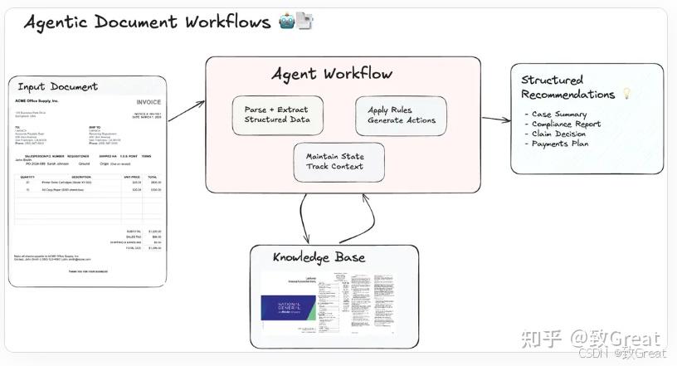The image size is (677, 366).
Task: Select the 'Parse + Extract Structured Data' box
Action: pyautogui.click(x=277, y=115)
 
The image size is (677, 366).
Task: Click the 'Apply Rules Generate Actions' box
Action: pyautogui.click(x=401, y=115)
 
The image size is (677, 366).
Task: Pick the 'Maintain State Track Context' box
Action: pyautogui.click(x=339, y=162)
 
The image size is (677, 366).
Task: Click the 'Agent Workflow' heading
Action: pyautogui.click(x=332, y=74)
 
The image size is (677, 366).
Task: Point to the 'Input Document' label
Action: pyautogui.click(x=57, y=86)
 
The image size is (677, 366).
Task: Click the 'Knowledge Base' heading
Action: pyautogui.click(x=319, y=257)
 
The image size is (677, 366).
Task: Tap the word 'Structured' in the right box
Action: pyautogui.click(x=552, y=81)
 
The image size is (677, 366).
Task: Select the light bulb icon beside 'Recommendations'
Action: pyautogui.click(x=626, y=95)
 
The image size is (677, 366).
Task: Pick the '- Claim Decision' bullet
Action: pyautogui.click(x=558, y=134)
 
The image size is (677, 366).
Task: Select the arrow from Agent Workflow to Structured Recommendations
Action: pyautogui.click(x=495, y=120)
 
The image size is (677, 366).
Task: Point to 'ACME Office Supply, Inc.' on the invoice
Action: pyautogui.click(x=37, y=100)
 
